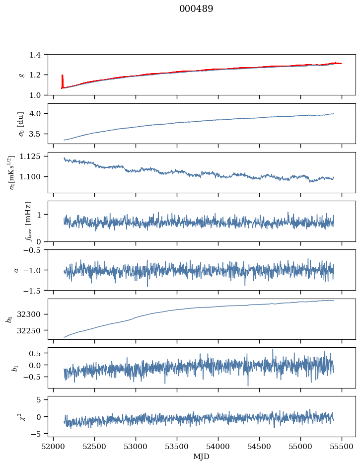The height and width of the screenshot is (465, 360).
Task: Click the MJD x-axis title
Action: click(x=202, y=456)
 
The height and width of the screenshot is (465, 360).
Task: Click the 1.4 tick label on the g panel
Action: click(x=38, y=55)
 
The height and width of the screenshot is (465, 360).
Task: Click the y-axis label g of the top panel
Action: click(x=21, y=75)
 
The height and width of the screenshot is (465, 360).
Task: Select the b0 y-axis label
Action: click(x=9, y=319)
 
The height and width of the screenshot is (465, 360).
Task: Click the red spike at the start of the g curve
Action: click(x=62, y=79)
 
